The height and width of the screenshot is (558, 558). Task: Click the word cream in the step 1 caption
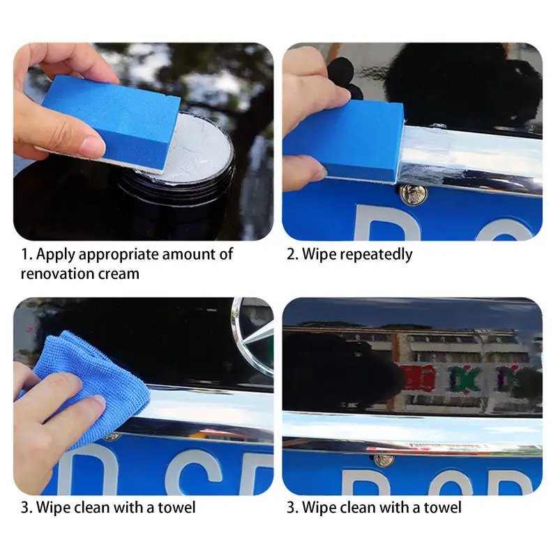point(121,273)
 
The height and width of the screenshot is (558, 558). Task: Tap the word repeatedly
point(377,255)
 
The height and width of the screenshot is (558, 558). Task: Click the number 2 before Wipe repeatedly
point(291,255)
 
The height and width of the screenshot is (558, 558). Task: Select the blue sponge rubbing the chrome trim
point(345,139)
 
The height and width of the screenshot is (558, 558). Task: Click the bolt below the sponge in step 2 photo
point(413,195)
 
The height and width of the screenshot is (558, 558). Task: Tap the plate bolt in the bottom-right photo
point(382,460)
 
